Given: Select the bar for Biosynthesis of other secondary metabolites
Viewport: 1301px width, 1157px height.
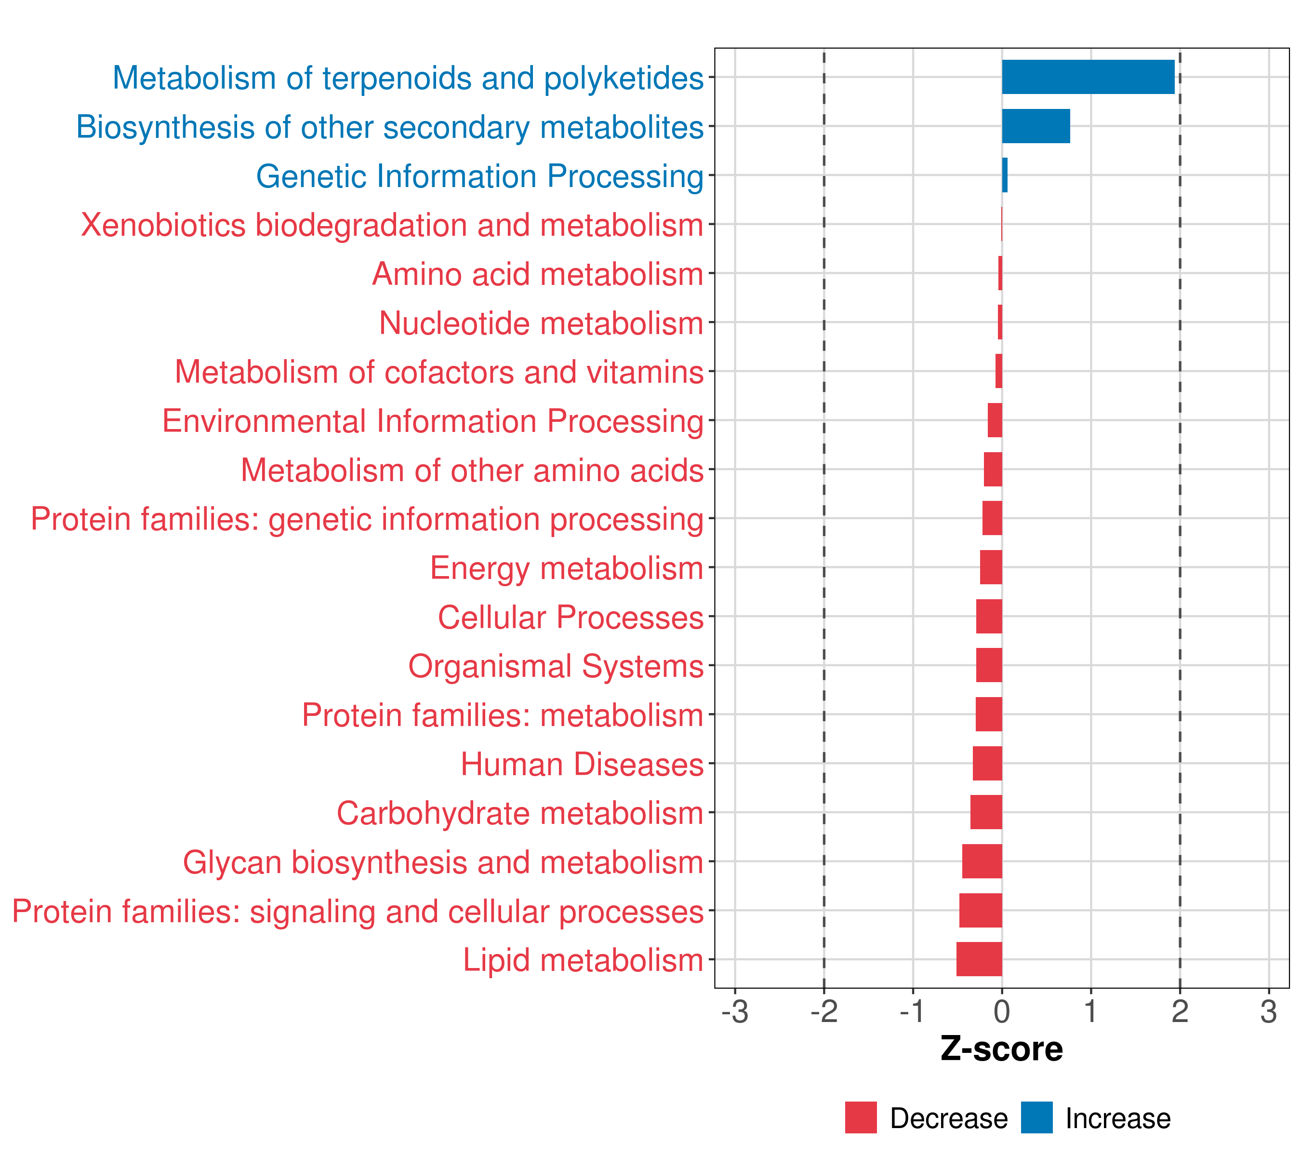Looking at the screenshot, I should [x=1035, y=126].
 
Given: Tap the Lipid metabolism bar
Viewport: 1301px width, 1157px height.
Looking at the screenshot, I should [x=979, y=959].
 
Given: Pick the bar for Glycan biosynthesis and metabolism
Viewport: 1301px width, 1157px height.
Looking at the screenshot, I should [x=982, y=861].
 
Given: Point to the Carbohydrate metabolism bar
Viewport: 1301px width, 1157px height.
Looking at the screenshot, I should [x=986, y=812].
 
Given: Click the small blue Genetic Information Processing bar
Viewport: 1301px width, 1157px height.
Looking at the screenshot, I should [x=1005, y=175].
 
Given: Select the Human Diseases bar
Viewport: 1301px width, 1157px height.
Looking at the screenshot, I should [x=987, y=763].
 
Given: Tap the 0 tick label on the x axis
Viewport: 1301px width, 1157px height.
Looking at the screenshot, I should [x=1002, y=1011].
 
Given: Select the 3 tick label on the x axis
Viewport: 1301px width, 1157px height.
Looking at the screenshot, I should [x=1269, y=1011].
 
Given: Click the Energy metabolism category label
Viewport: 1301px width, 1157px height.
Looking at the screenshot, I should [x=567, y=568].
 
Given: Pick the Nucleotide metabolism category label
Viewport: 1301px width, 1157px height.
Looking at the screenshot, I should [x=541, y=323].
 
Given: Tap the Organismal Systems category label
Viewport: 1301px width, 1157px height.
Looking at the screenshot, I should [x=556, y=666].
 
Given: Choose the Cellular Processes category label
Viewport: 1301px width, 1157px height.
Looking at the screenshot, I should [x=571, y=617].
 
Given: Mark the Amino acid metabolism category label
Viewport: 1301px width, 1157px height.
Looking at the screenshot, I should [x=537, y=274].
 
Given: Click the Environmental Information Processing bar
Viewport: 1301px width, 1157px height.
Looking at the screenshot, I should [x=995, y=420].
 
